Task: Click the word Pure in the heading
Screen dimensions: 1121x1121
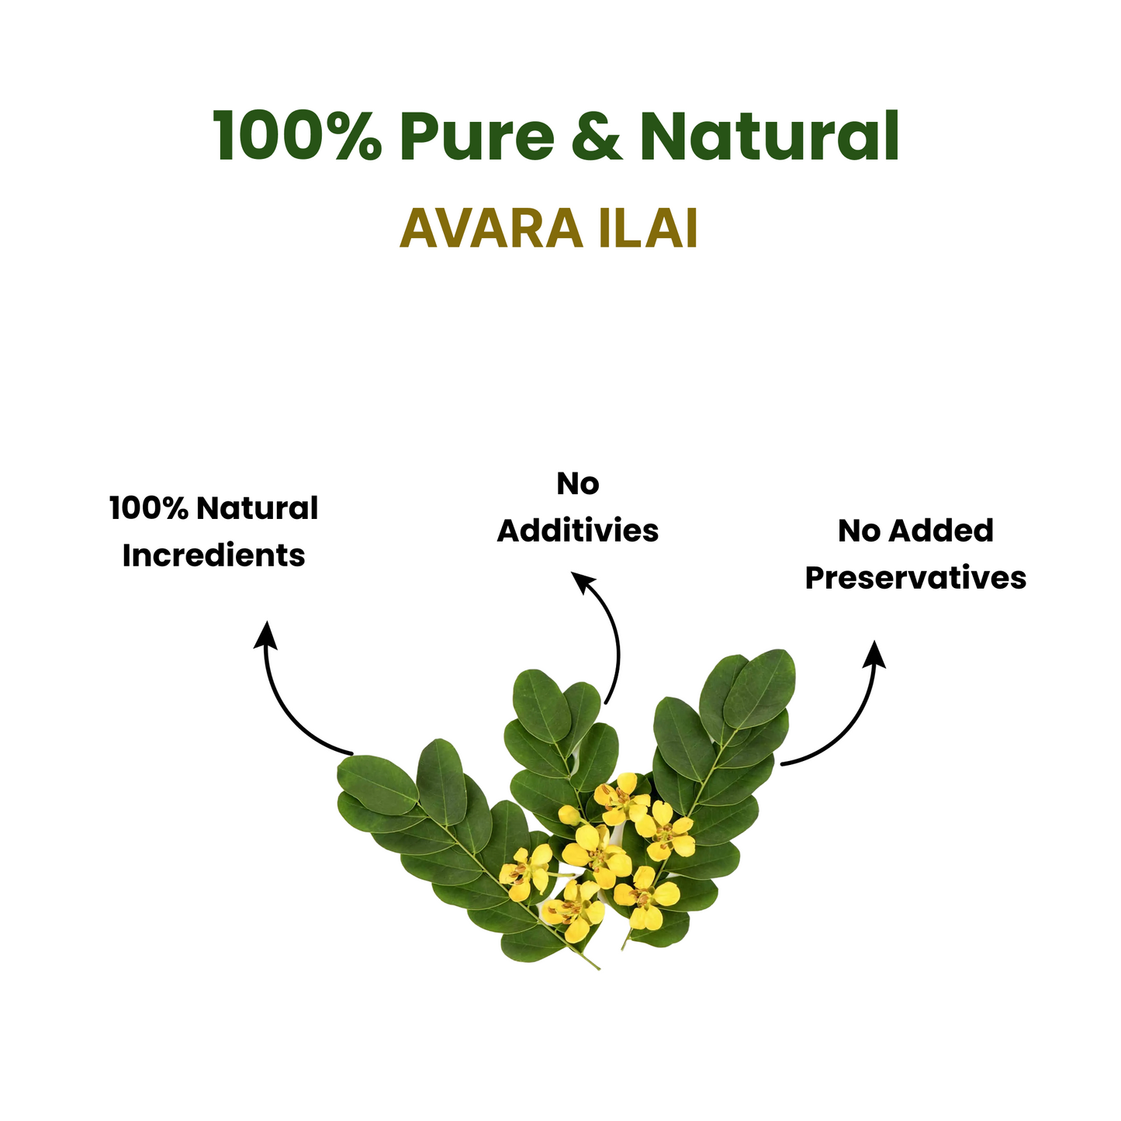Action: (476, 136)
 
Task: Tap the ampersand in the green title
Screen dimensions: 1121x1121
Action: (597, 136)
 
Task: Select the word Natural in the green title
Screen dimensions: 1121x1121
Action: (770, 134)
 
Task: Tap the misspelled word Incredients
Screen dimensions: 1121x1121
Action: (213, 556)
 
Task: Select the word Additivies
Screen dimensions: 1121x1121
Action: (577, 531)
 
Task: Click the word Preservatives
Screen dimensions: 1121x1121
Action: (915, 578)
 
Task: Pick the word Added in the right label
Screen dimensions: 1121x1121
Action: (941, 531)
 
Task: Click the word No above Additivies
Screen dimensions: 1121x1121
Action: (578, 483)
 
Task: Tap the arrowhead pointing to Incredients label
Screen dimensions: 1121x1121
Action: (266, 635)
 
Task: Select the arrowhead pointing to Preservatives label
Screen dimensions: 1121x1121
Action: (874, 655)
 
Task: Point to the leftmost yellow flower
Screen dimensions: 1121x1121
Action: (525, 873)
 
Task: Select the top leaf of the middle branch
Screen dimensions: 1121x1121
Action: (541, 706)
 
